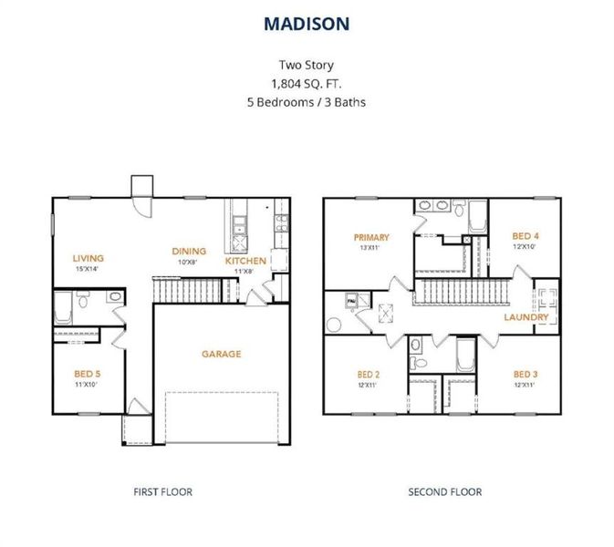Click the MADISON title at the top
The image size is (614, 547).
pyautogui.click(x=307, y=24)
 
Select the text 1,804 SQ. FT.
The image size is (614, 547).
pyautogui.click(x=307, y=83)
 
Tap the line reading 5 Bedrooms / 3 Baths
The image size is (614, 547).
pyautogui.click(x=307, y=101)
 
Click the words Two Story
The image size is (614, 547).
pyautogui.click(x=307, y=65)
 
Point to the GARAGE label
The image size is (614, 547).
pyautogui.click(x=222, y=354)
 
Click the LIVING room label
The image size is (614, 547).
pyautogui.click(x=88, y=258)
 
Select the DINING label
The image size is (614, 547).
pyautogui.click(x=189, y=252)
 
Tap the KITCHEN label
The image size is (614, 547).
pyautogui.click(x=245, y=261)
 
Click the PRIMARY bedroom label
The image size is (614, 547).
pyautogui.click(x=371, y=237)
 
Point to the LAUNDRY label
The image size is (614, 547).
pyautogui.click(x=526, y=317)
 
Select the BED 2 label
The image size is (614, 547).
pyautogui.click(x=368, y=375)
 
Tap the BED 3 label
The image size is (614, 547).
pyautogui.click(x=524, y=375)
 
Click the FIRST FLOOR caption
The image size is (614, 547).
pyautogui.click(x=163, y=491)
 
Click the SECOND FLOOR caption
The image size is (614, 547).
pyautogui.click(x=445, y=491)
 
